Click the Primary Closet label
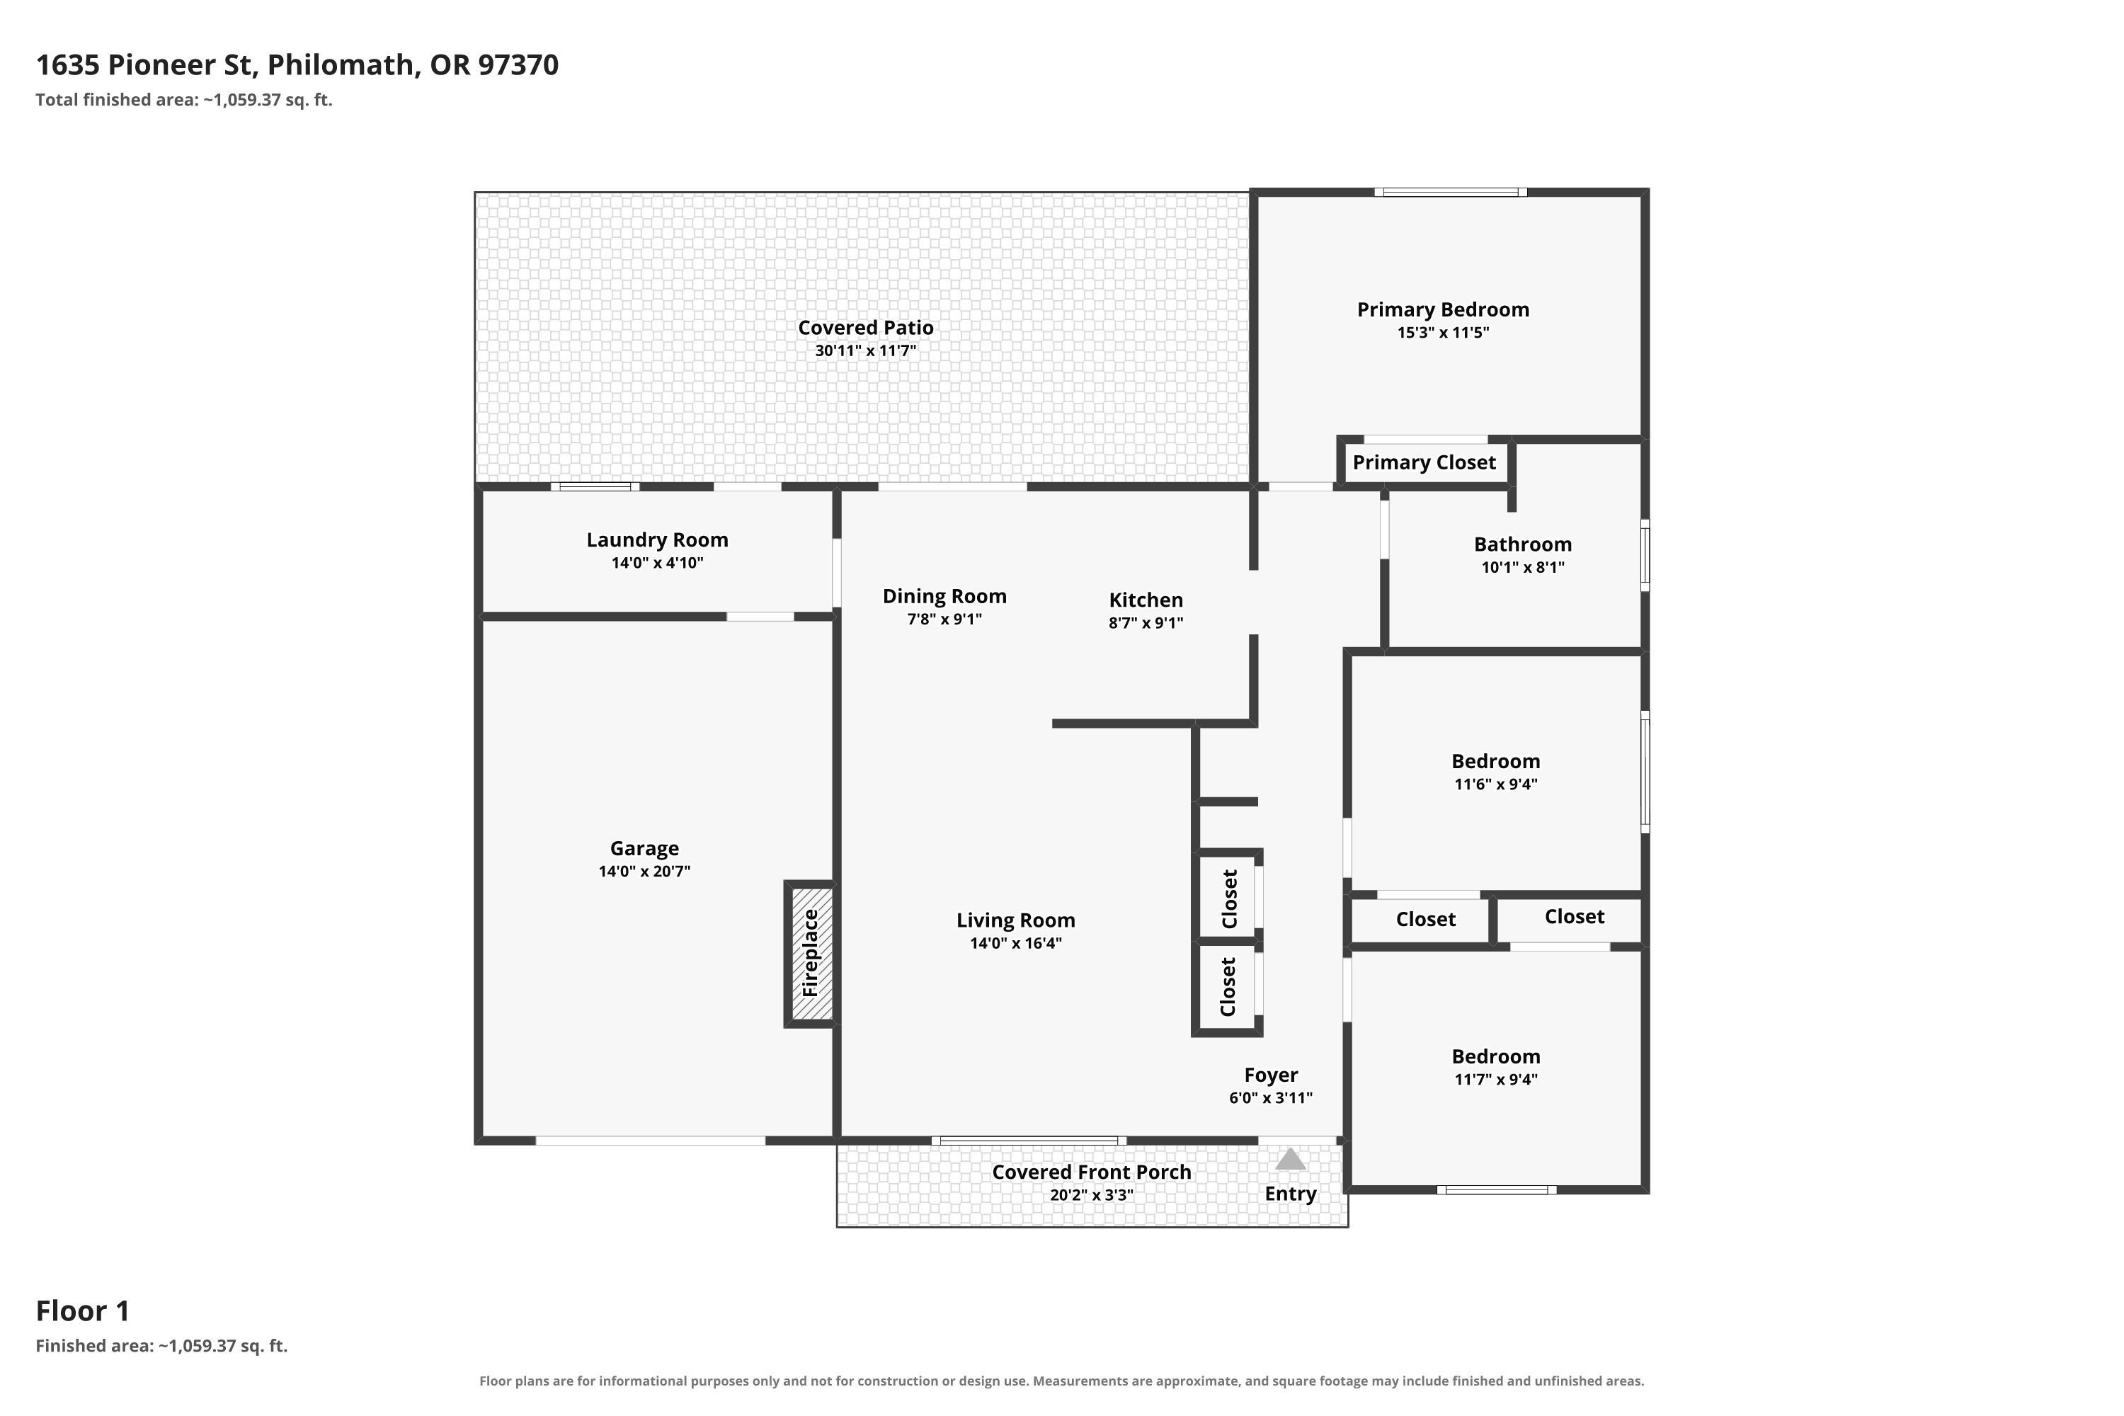(x=1424, y=462)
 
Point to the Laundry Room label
(x=658, y=540)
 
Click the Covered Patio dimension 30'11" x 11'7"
(x=865, y=350)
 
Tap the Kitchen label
(x=1146, y=600)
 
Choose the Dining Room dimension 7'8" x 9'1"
(x=944, y=619)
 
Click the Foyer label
(x=1271, y=1075)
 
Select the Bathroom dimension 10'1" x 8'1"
(x=1523, y=567)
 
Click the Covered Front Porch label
(x=1092, y=1172)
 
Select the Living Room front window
(x=1029, y=1141)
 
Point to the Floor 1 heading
(x=83, y=1311)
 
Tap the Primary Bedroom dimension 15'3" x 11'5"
(x=1443, y=332)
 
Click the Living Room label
(x=1016, y=920)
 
